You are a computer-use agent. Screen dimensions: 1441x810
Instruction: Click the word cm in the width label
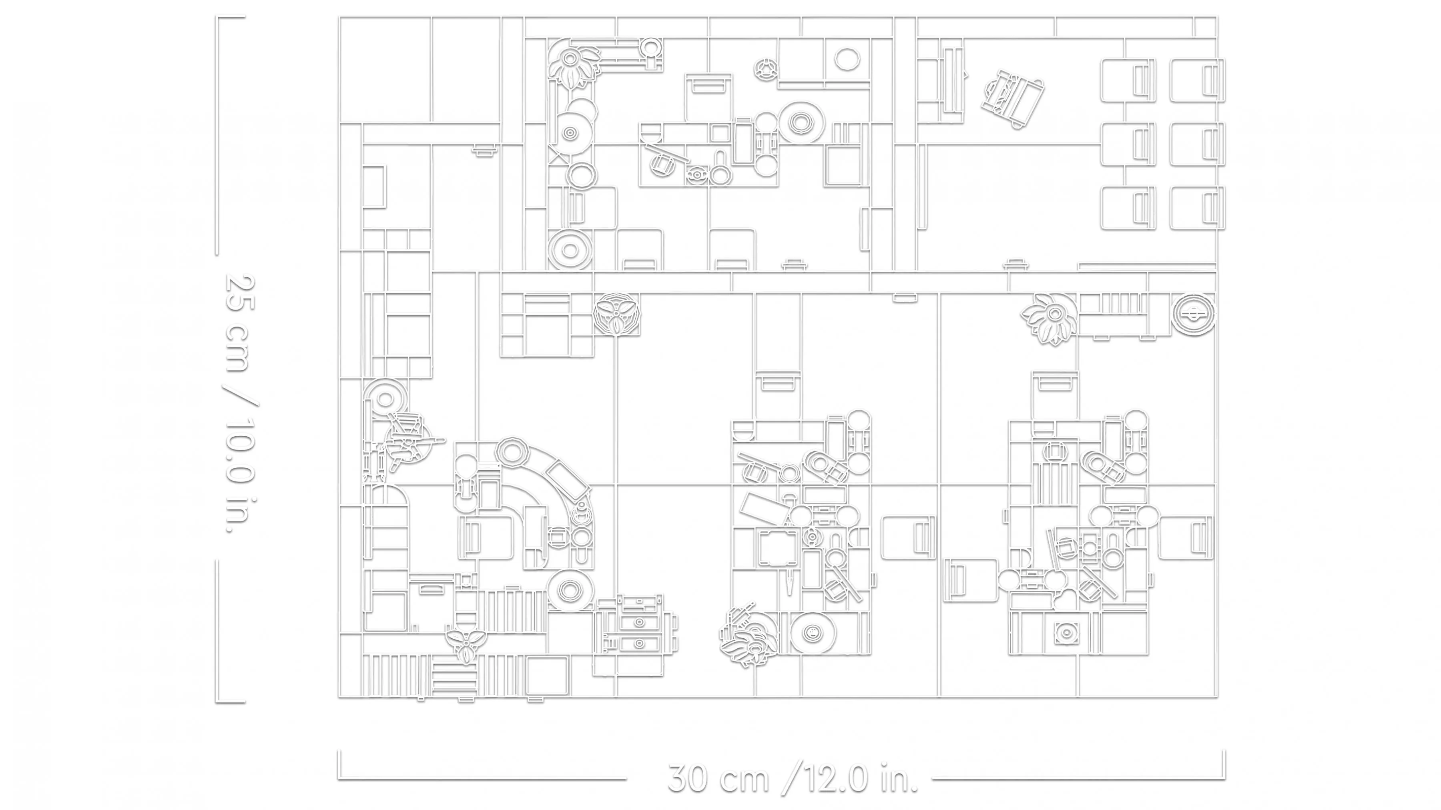744,781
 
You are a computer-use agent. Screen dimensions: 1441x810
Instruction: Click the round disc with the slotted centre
1194,315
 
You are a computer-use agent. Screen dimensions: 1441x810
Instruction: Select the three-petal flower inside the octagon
616,315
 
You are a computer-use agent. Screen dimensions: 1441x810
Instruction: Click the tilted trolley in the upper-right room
1013,100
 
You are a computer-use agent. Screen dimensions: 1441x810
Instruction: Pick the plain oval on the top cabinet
847,58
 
